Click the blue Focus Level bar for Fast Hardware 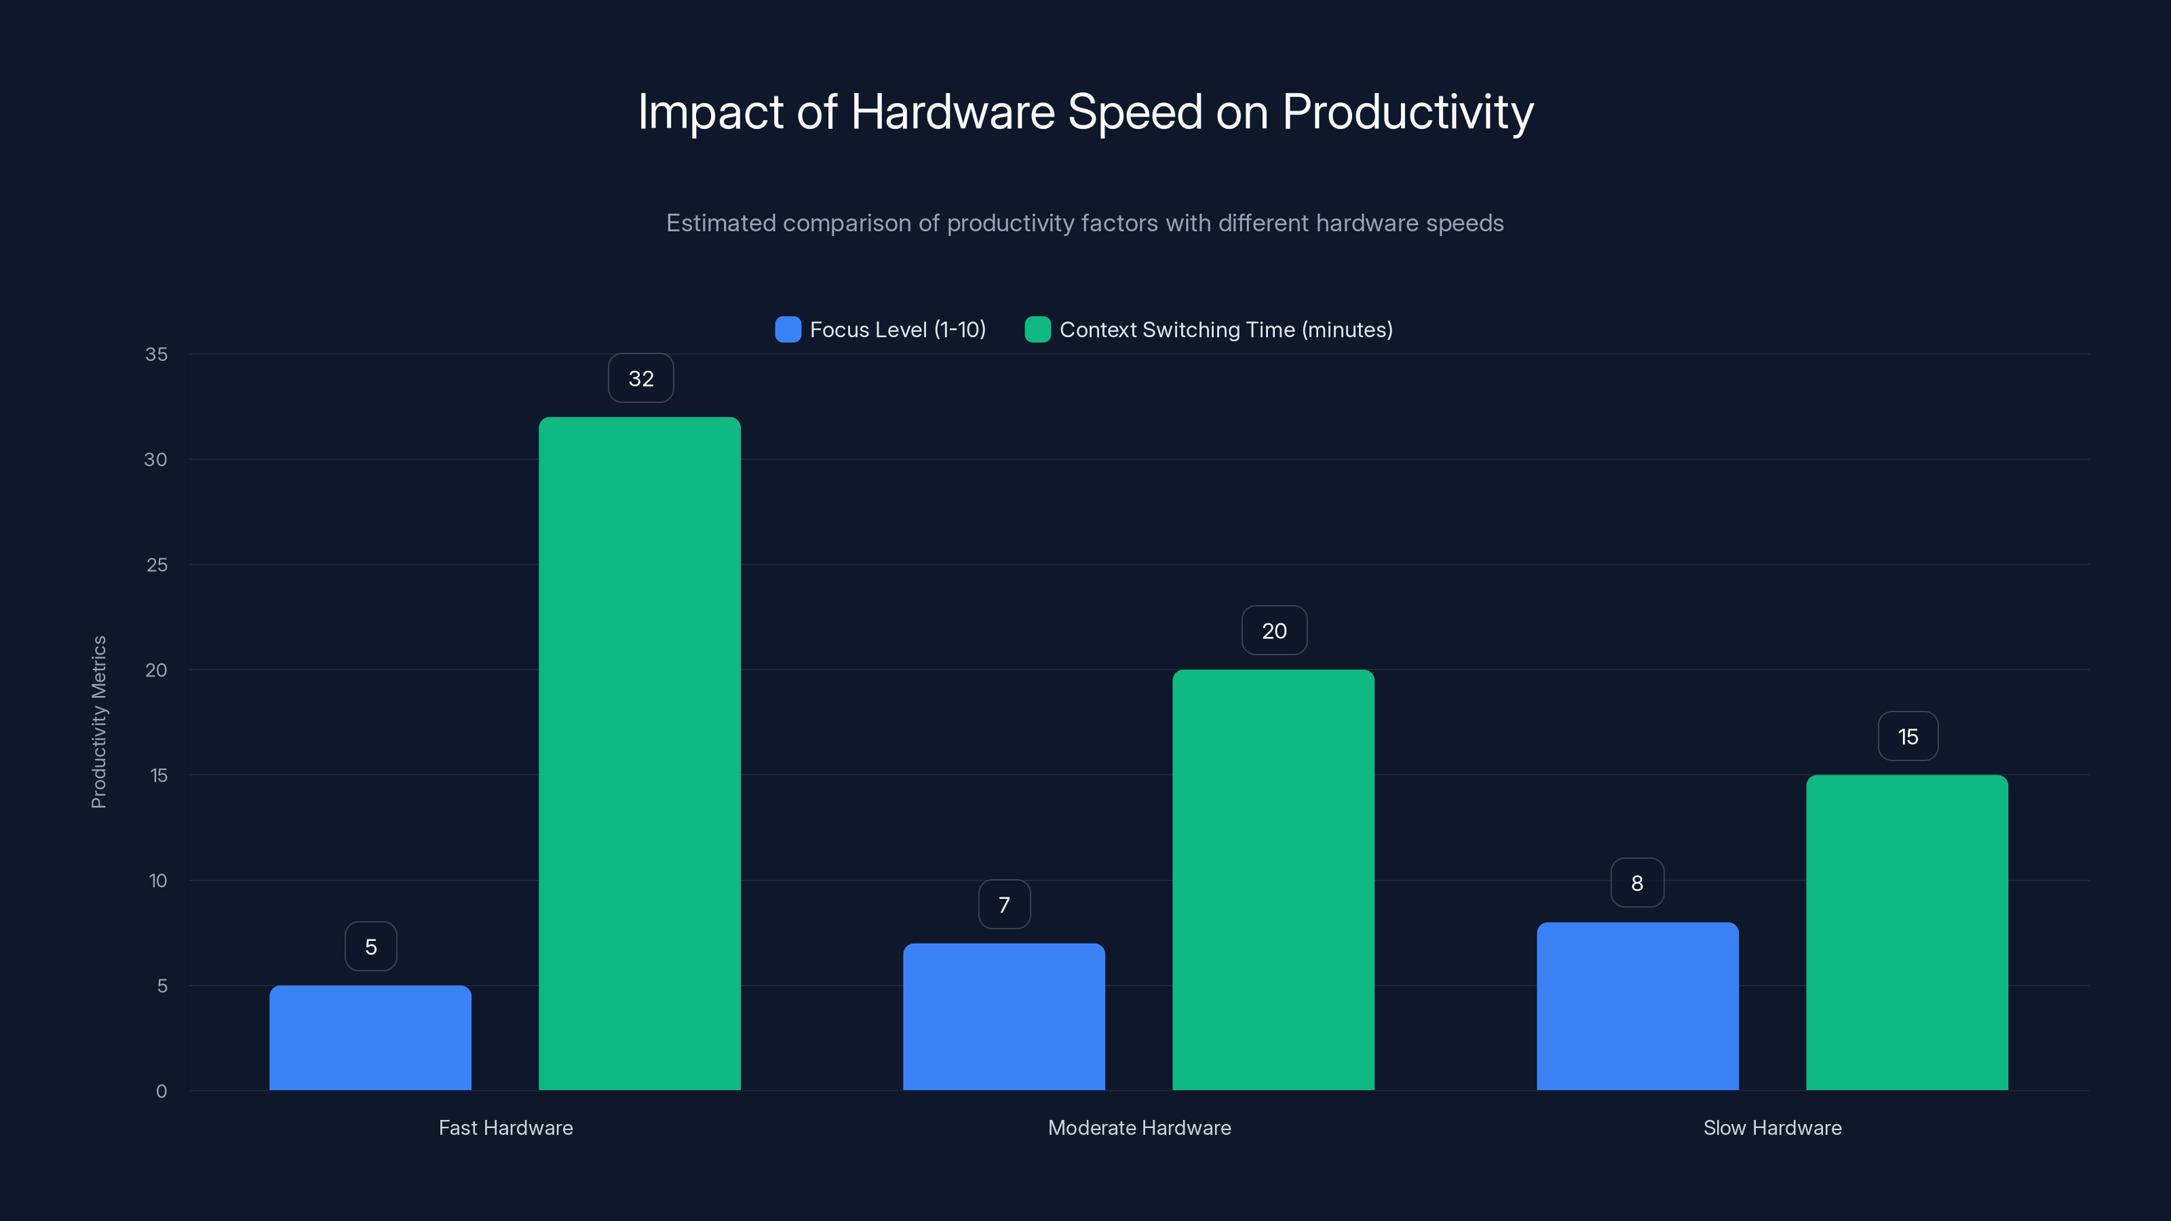(370, 1037)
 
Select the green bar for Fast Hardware (640, 754)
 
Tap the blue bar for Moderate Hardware (1004, 1016)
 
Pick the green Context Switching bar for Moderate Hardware (1273, 880)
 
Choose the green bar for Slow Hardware (1906, 932)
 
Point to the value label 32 (640, 379)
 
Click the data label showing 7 (1004, 905)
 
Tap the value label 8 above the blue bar (1636, 883)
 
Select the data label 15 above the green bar (1907, 737)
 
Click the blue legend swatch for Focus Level (787, 330)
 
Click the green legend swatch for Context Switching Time (1037, 330)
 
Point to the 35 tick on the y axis (156, 354)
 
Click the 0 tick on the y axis (161, 1091)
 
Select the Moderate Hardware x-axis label (1138, 1127)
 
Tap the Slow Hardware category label (1771, 1127)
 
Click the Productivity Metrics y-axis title (98, 722)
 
